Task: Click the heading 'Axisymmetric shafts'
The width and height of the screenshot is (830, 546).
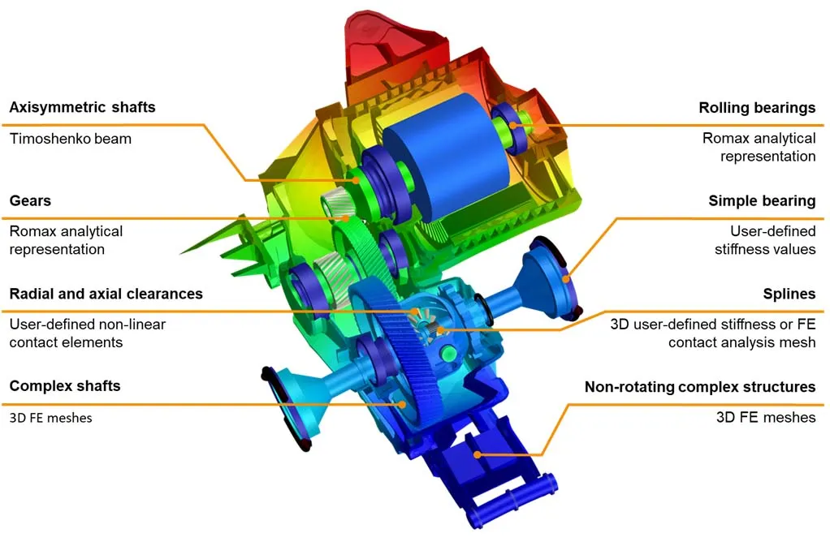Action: tap(82, 107)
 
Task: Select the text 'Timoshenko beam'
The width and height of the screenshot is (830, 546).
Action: tap(70, 139)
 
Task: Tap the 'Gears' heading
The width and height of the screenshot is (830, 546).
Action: tap(30, 200)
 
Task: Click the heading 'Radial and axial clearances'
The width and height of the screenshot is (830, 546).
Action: tap(106, 293)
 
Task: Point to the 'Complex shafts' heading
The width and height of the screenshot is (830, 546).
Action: tap(65, 385)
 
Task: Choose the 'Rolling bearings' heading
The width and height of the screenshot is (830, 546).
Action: tap(757, 108)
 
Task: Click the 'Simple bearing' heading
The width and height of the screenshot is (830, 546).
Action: tap(762, 200)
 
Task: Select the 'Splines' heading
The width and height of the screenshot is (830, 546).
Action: tap(789, 293)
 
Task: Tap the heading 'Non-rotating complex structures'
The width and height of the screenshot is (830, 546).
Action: tap(699, 387)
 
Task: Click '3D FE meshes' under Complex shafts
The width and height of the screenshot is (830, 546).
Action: tap(50, 418)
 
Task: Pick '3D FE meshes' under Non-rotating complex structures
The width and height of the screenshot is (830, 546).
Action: tap(765, 418)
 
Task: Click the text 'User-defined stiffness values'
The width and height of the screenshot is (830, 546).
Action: tap(764, 240)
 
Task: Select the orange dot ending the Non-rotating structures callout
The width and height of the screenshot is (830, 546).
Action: tap(478, 454)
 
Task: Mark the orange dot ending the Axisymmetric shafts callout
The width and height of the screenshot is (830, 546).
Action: tap(356, 181)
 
